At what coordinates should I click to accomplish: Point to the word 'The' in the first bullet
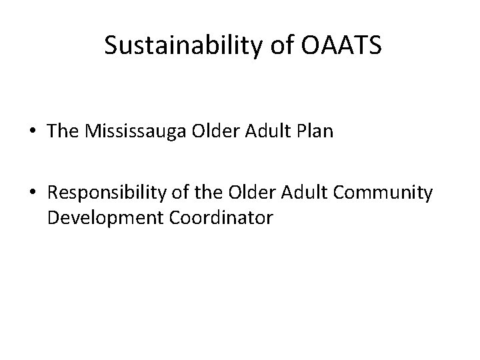point(63,131)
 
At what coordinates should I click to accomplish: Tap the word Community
point(387,194)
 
